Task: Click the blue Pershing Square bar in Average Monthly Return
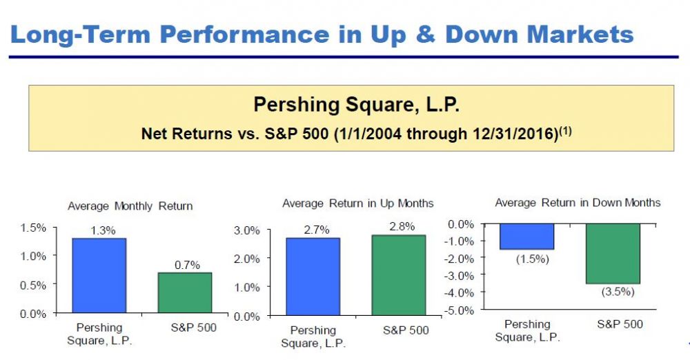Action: [99, 275]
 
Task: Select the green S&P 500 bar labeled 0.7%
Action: [185, 292]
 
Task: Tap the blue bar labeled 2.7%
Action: [313, 277]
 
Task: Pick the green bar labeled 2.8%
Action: [399, 275]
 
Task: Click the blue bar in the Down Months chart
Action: [526, 237]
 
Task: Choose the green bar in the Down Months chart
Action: [613, 254]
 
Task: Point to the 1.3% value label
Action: [103, 230]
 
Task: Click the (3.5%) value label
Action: [618, 291]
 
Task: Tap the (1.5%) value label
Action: [533, 259]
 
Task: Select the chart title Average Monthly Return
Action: [130, 206]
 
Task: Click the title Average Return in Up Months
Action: [357, 203]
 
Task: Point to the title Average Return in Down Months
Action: [578, 203]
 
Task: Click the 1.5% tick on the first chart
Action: [33, 228]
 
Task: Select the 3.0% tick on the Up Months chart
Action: [247, 230]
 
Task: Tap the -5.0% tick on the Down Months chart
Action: [460, 310]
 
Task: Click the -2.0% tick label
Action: [460, 259]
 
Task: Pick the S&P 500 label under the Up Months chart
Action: [406, 330]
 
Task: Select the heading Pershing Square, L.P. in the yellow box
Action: [357, 105]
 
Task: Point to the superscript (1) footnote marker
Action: [566, 131]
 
